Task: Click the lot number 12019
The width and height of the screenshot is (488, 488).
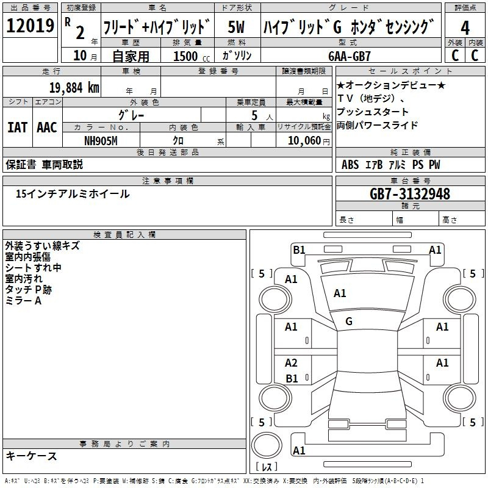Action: (30, 26)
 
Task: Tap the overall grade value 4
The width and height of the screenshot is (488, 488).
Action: (465, 27)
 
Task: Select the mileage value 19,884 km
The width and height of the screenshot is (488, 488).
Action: (74, 88)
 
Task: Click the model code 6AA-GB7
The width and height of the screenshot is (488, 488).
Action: (350, 56)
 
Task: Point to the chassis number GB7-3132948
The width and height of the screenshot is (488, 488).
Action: (410, 194)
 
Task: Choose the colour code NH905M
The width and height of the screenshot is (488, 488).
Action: (101, 141)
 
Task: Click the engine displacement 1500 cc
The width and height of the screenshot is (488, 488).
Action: (192, 56)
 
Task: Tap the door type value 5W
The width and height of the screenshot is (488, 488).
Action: (236, 27)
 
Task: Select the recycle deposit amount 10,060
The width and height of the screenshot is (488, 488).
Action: (304, 141)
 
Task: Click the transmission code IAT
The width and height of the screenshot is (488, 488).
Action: (17, 127)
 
